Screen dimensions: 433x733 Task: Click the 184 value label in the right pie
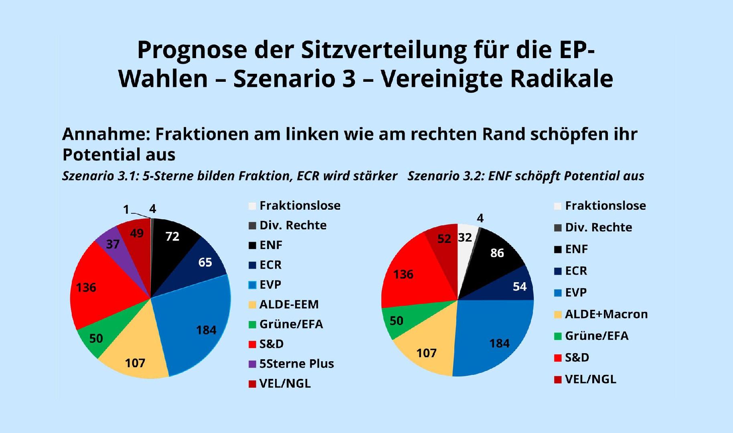(499, 344)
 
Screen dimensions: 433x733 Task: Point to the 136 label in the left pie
(86, 287)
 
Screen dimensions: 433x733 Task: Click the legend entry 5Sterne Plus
(296, 364)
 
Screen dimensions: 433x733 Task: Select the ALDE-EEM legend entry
(289, 304)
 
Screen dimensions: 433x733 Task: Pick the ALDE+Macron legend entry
(606, 314)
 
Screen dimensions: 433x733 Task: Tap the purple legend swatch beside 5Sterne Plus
(252, 364)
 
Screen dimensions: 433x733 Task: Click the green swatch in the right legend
(557, 336)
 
